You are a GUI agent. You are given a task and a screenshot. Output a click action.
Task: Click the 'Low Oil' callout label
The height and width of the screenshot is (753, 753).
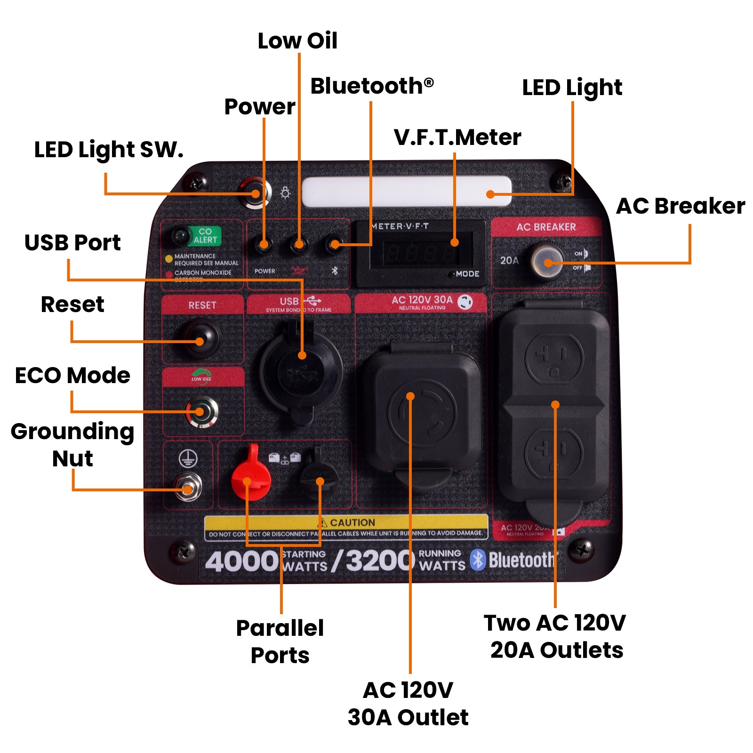click(x=297, y=41)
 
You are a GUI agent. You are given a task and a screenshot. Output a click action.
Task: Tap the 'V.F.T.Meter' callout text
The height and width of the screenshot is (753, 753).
click(x=457, y=137)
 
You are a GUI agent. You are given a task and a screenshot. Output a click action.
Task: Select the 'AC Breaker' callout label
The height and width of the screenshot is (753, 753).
click(x=681, y=206)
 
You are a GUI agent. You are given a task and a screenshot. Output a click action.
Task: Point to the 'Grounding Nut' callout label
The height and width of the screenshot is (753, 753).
click(x=72, y=445)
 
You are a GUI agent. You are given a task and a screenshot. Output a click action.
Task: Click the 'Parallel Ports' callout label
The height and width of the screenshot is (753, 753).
click(x=280, y=641)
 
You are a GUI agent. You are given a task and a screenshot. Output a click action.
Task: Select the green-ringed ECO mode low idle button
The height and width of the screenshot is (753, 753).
click(x=201, y=412)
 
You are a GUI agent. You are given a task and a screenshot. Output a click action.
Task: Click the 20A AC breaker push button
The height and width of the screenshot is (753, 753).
click(x=547, y=261)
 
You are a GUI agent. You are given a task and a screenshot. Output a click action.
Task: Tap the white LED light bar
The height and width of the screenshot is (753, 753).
click(x=406, y=192)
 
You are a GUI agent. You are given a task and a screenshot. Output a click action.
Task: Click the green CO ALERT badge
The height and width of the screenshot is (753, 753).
click(x=205, y=236)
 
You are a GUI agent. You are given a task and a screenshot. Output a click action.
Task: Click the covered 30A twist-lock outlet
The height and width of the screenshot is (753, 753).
click(x=421, y=414)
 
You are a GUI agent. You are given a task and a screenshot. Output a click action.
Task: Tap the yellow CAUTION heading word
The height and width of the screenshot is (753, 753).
click(x=352, y=522)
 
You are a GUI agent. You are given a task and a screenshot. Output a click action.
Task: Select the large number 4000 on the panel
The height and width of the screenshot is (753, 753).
click(x=242, y=561)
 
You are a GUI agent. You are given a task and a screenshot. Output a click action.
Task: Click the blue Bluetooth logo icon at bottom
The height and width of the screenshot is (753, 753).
click(x=478, y=560)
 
